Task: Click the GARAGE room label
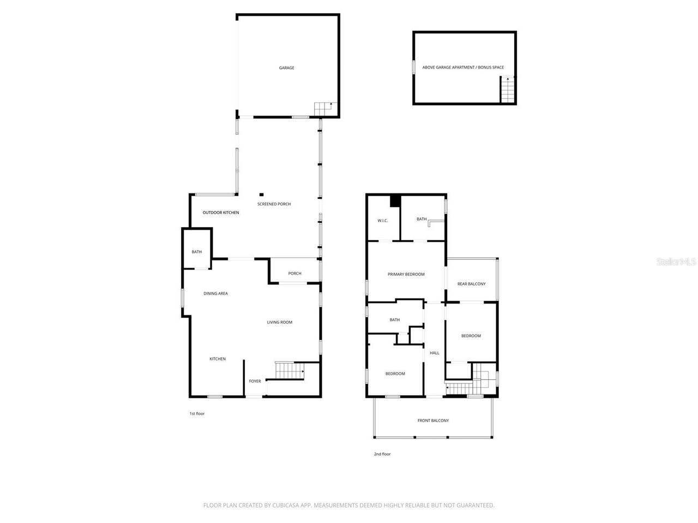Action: point(286,68)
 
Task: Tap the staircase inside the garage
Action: point(323,108)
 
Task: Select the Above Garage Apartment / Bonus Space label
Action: point(463,68)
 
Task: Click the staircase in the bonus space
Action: point(508,90)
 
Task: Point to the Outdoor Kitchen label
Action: point(221,212)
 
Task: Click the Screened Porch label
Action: point(274,204)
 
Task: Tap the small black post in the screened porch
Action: point(261,194)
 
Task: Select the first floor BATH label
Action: point(196,252)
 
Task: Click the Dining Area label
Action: point(215,294)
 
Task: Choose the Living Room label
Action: point(279,323)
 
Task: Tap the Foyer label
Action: point(255,381)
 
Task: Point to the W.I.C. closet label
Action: point(382,221)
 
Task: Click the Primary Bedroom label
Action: point(406,275)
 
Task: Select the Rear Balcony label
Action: point(471,284)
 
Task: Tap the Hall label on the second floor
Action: point(434,353)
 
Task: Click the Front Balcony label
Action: point(433,421)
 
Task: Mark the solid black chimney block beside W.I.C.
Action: point(395,201)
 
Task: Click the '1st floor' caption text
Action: point(197,413)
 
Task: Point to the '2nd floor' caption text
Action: point(382,454)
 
